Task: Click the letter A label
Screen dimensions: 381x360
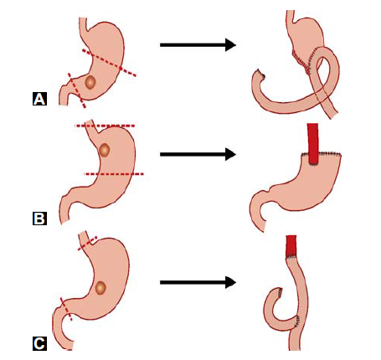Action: point(39,99)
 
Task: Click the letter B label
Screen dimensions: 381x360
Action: point(39,219)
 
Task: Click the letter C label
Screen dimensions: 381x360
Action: point(39,343)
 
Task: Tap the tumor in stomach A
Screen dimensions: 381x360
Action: point(90,82)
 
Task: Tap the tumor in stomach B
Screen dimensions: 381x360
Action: point(104,150)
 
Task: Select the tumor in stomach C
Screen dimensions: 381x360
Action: point(100,288)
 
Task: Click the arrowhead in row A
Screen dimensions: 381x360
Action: point(230,44)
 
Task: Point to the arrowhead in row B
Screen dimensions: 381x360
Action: point(230,154)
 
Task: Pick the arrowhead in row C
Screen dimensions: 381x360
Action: point(230,282)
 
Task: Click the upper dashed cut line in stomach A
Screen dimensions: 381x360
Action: point(109,63)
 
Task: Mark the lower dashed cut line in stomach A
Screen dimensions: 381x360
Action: point(77,90)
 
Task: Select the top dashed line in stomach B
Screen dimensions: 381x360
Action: point(106,126)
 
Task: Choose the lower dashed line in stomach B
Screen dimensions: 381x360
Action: point(114,174)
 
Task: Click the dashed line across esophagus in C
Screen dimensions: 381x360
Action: point(87,244)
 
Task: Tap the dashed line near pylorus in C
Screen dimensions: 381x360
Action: point(66,309)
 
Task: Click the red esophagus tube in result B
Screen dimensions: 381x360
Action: point(313,143)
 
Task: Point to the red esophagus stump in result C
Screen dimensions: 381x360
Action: point(291,246)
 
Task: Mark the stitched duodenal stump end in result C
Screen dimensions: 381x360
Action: point(279,292)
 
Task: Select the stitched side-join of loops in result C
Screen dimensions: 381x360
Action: point(297,321)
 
